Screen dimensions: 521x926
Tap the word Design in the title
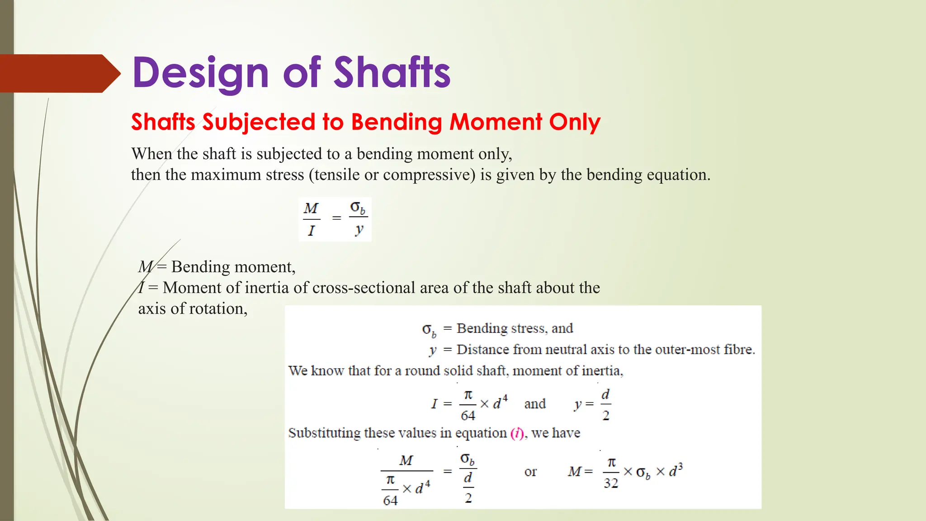201,73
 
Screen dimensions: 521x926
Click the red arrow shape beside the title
59,73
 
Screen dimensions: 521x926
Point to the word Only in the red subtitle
575,122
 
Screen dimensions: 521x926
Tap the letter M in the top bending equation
311,208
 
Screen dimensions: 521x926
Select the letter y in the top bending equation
359,229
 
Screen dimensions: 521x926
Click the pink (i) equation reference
517,433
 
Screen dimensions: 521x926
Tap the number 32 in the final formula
611,483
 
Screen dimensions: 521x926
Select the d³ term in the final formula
675,470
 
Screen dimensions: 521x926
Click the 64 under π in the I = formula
468,415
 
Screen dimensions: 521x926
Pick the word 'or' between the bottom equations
530,472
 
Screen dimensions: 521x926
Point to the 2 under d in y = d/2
606,415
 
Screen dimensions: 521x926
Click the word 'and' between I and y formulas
535,403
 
